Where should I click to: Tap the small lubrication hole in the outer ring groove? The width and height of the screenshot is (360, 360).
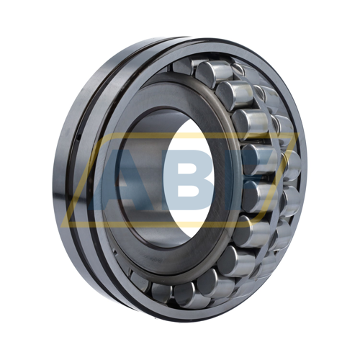click(x=74, y=132)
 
